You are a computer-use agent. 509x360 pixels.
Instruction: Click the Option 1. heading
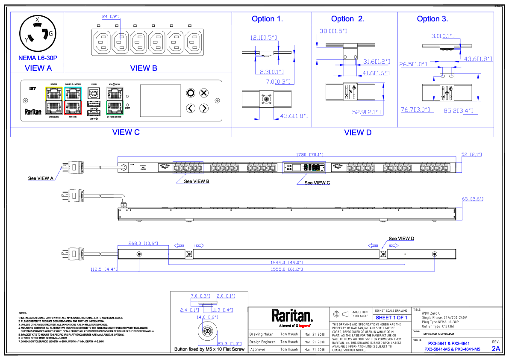pyautogui.click(x=267, y=19)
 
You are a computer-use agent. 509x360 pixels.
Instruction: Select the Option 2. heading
pyautogui.click(x=347, y=19)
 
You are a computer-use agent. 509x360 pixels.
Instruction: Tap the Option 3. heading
pyautogui.click(x=432, y=19)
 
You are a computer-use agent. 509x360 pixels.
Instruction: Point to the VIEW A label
pyautogui.click(x=38, y=68)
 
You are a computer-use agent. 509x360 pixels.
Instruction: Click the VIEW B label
pyautogui.click(x=144, y=68)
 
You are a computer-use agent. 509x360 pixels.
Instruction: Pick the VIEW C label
pyautogui.click(x=126, y=133)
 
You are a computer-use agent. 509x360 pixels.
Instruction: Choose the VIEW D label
pyautogui.click(x=358, y=133)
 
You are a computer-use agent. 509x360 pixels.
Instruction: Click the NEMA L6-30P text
pyautogui.click(x=38, y=58)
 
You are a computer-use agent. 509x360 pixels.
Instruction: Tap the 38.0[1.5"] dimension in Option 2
pyautogui.click(x=333, y=31)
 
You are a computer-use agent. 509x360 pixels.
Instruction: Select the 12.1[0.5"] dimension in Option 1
pyautogui.click(x=263, y=38)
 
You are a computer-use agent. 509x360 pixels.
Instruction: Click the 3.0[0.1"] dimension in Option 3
pyautogui.click(x=443, y=36)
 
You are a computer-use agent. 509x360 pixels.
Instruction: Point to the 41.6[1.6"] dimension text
pyautogui.click(x=376, y=73)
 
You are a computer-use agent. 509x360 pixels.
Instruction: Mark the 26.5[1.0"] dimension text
pyautogui.click(x=413, y=65)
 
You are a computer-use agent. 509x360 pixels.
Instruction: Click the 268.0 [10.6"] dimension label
pyautogui.click(x=143, y=244)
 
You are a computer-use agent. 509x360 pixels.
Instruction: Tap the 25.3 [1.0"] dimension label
pyautogui.click(x=229, y=344)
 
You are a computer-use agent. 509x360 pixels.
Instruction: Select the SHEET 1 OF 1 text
pyautogui.click(x=391, y=318)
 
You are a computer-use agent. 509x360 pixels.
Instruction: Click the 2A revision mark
pyautogui.click(x=496, y=349)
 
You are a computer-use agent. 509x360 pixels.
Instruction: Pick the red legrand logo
pyautogui.click(x=304, y=326)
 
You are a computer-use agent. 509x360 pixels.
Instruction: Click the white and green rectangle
pyautogui.click(x=115, y=100)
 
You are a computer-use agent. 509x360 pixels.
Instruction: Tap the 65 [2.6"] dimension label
pyautogui.click(x=472, y=199)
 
